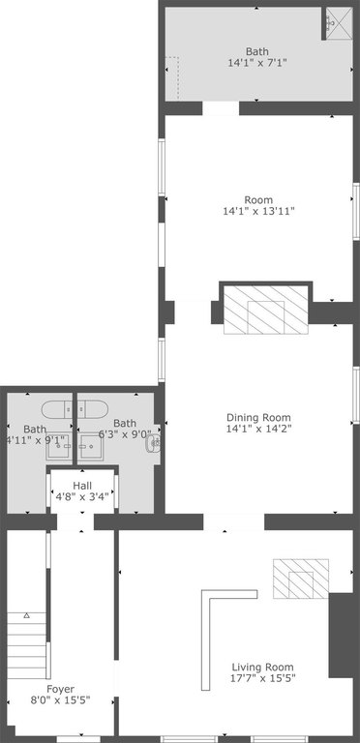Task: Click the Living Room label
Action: coord(262,668)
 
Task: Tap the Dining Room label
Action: coord(258,418)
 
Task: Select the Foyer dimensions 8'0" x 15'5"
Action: coord(60,699)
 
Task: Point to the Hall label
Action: coord(82,486)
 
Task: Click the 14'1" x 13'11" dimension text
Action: coord(258,211)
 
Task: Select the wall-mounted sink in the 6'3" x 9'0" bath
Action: coord(154,443)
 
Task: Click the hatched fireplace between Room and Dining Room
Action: coord(266,310)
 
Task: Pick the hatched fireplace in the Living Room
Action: coord(301,579)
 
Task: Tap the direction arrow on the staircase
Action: coord(27,615)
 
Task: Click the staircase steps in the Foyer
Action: coord(26,645)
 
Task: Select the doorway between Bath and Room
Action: coord(221,108)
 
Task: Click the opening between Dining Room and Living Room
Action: coord(233,521)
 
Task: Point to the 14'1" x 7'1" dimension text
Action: coord(257,62)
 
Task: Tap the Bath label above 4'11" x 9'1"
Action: coord(35,430)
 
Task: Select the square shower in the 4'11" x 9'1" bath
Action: coord(59,446)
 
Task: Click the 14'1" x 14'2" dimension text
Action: coord(258,429)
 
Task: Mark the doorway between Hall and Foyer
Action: coord(75,521)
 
